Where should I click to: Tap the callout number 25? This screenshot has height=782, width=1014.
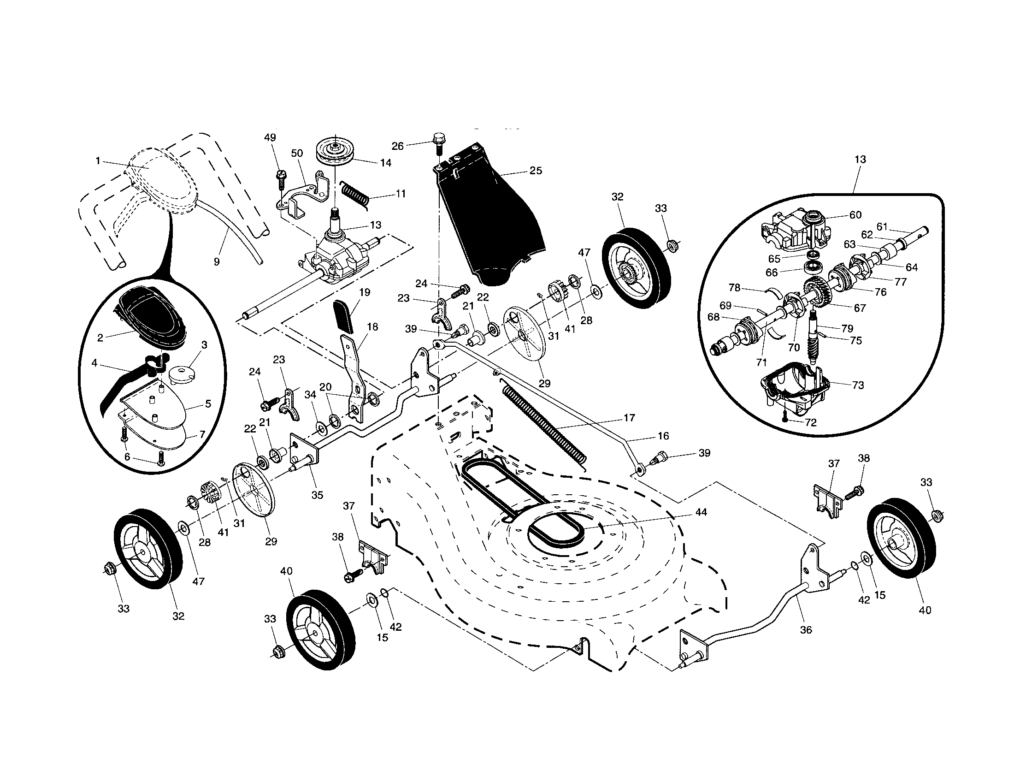coord(536,171)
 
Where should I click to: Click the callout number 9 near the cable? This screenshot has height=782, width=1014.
coord(217,262)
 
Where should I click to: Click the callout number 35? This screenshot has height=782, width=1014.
coord(317,495)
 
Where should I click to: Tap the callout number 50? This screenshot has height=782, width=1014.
coord(297,153)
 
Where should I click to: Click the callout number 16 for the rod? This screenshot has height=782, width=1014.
coord(663,436)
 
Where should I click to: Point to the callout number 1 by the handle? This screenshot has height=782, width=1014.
coord(98,160)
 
